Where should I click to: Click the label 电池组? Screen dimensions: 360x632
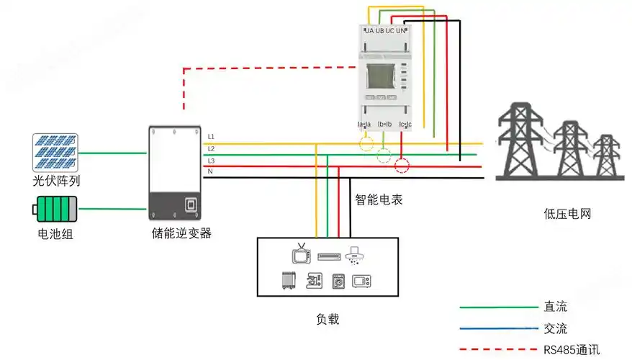[x=55, y=234]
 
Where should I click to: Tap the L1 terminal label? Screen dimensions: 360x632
[x=211, y=136]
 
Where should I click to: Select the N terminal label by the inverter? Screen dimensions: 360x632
[x=210, y=171]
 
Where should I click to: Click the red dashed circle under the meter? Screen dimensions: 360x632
[x=402, y=167]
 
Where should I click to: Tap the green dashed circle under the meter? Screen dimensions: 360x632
[x=384, y=155]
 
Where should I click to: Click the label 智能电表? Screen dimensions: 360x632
[x=379, y=199]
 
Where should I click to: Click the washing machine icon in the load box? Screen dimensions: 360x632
[x=338, y=281]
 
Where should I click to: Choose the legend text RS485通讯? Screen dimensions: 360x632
[x=572, y=351]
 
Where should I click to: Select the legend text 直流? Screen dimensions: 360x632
[x=556, y=307]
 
